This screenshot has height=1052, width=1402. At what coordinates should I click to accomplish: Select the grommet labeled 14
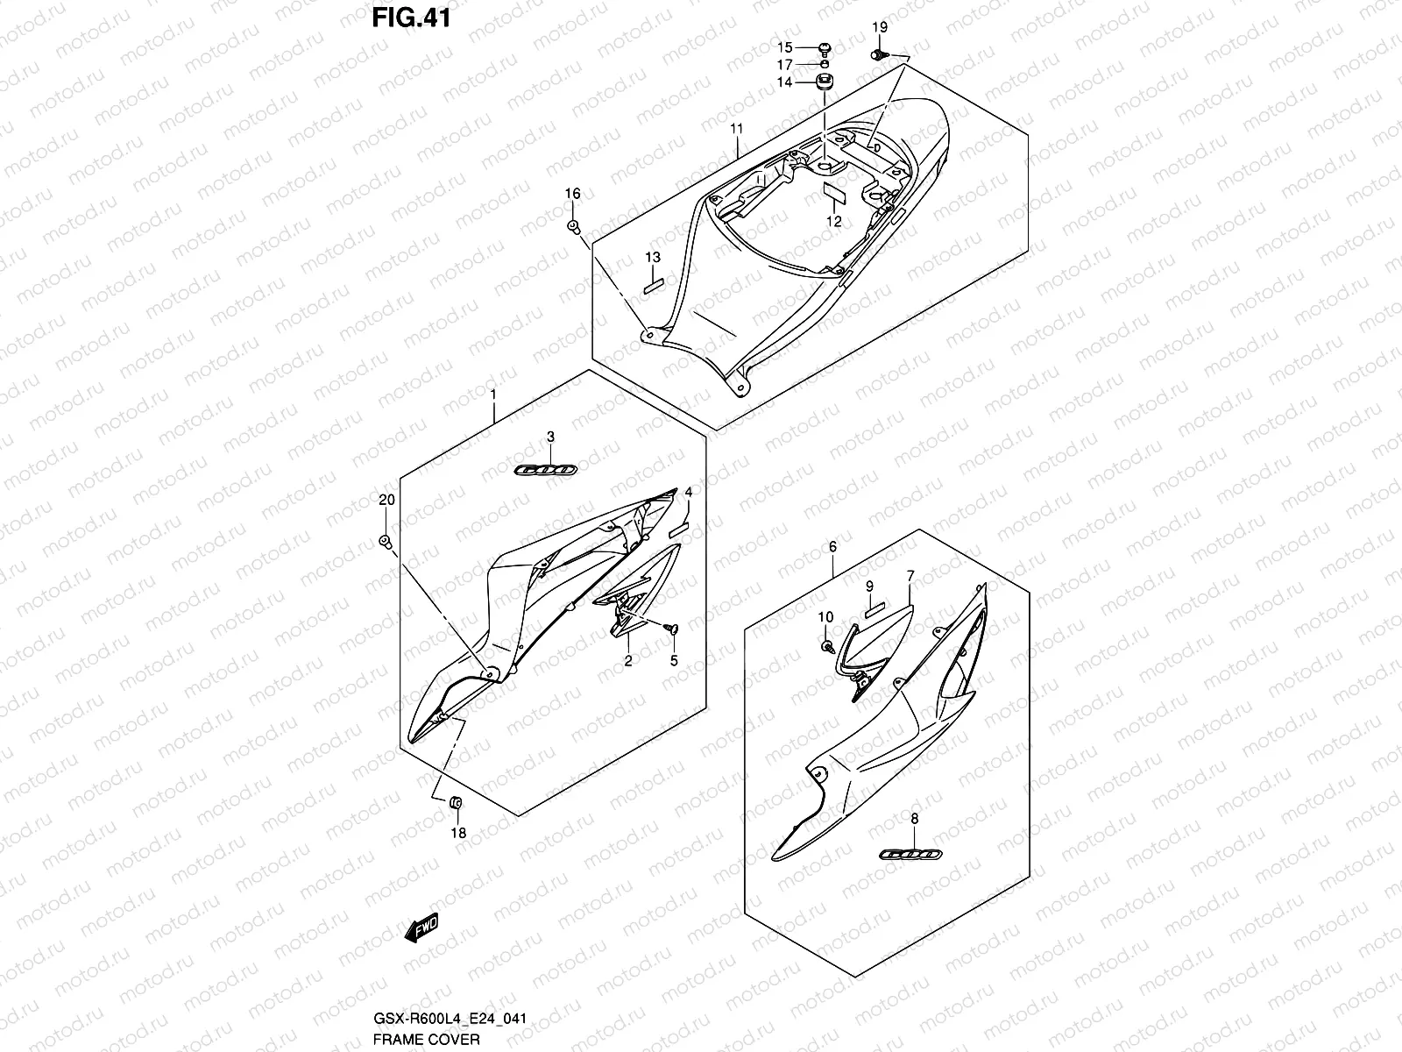pyautogui.click(x=824, y=82)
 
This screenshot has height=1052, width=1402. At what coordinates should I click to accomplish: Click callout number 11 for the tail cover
pyautogui.click(x=737, y=129)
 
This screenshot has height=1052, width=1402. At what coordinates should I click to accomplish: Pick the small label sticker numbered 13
pyautogui.click(x=654, y=284)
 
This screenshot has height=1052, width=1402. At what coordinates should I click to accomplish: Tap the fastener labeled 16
pyautogui.click(x=573, y=227)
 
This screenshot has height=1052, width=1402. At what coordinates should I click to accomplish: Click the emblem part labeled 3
pyautogui.click(x=544, y=471)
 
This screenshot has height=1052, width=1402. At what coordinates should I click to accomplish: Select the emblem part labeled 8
pyautogui.click(x=910, y=854)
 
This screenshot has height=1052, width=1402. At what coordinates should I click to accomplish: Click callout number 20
pyautogui.click(x=386, y=500)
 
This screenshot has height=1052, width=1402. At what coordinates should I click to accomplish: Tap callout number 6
pyautogui.click(x=832, y=547)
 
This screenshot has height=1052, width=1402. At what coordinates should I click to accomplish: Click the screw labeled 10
pyautogui.click(x=826, y=646)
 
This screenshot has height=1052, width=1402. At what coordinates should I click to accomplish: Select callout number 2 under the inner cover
pyautogui.click(x=628, y=661)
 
